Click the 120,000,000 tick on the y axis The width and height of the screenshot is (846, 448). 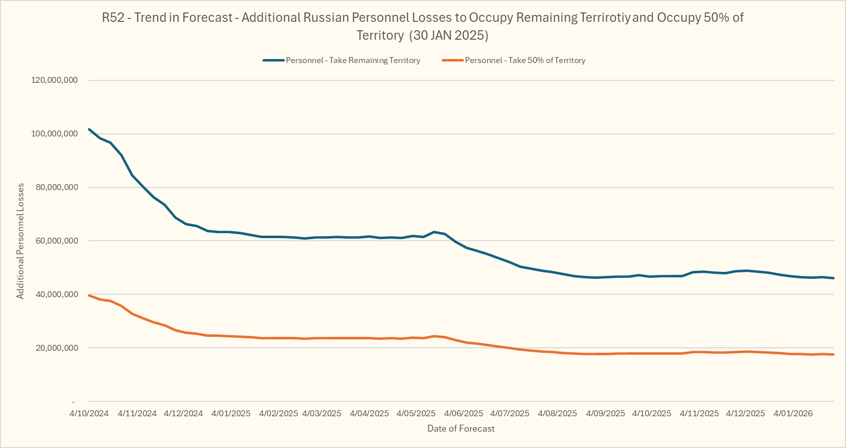pyautogui.click(x=55, y=80)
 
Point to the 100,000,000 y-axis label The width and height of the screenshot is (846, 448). pyautogui.click(x=55, y=134)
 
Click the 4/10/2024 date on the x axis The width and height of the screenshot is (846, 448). pyautogui.click(x=89, y=413)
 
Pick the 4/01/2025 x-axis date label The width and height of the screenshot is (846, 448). pyautogui.click(x=231, y=413)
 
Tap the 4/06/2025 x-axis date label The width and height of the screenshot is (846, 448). pyautogui.click(x=463, y=413)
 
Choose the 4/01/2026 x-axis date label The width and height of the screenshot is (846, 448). pyautogui.click(x=793, y=413)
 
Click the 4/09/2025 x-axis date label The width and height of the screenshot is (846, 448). pyautogui.click(x=605, y=413)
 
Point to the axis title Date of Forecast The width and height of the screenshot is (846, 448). pyautogui.click(x=461, y=429)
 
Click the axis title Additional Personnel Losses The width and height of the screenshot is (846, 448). pyautogui.click(x=20, y=241)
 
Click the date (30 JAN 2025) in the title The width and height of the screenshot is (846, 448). pyautogui.click(x=450, y=36)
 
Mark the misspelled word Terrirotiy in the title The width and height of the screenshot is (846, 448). pyautogui.click(x=605, y=18)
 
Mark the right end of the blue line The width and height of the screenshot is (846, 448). pyautogui.click(x=834, y=278)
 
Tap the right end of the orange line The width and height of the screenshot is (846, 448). pyautogui.click(x=834, y=355)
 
